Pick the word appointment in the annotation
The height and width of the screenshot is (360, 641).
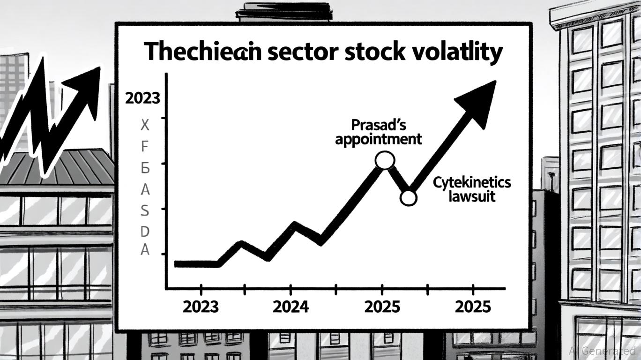[378, 139]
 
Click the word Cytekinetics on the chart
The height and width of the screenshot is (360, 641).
[471, 182]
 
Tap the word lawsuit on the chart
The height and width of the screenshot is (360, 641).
[471, 195]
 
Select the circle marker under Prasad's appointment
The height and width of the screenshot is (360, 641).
[385, 160]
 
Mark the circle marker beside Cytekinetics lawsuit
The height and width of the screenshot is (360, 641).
[408, 198]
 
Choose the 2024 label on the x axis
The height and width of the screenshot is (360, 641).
[291, 307]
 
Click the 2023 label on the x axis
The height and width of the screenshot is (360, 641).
[201, 307]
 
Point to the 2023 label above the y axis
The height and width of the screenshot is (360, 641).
[142, 99]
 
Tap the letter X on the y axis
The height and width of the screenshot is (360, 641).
[145, 125]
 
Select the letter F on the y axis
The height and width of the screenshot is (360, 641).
[145, 146]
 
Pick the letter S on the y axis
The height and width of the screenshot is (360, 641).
[145, 211]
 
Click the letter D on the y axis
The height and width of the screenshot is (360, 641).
[145, 231]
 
